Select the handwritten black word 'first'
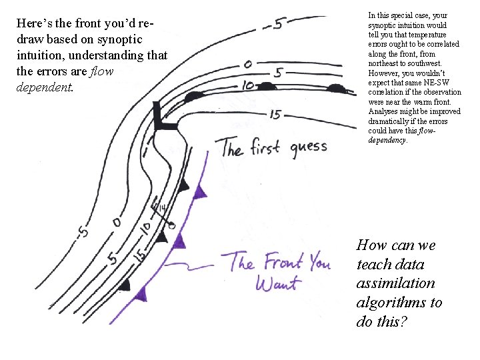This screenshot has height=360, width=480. click(266, 147)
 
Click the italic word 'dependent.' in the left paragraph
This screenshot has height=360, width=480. click(43, 87)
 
